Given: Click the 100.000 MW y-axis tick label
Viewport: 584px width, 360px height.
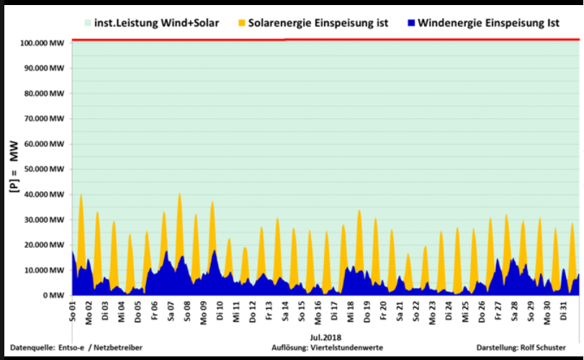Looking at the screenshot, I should [x=45, y=43].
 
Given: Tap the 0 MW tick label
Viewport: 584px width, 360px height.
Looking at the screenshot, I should [x=54, y=295].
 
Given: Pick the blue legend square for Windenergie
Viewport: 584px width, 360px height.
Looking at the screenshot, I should [x=411, y=24].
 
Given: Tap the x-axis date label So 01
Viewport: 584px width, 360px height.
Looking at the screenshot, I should [x=73, y=312].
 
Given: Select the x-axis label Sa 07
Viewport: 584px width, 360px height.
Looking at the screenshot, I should [x=171, y=312].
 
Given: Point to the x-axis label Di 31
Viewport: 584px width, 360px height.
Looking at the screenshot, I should [x=564, y=312].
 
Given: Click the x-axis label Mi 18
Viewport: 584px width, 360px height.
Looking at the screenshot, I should [x=351, y=312].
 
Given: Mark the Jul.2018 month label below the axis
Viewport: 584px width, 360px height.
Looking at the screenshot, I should [x=325, y=337].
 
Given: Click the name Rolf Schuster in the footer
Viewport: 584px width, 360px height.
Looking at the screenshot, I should [x=544, y=348].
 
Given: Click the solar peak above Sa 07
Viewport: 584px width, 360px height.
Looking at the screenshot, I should [x=179, y=194].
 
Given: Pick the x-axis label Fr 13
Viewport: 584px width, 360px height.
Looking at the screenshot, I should [x=269, y=312].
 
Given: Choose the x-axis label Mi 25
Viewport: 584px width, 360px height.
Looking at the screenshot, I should [x=466, y=312].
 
